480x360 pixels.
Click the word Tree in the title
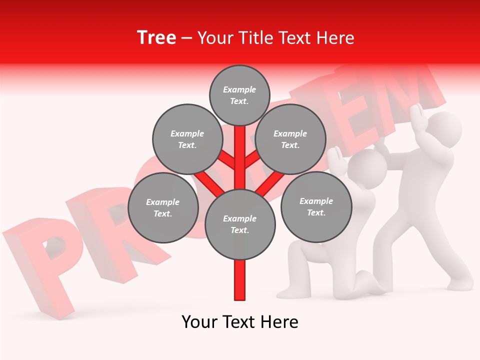156,38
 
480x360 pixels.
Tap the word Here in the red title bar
335,38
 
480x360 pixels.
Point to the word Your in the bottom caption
200,322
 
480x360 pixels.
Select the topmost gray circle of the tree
239,95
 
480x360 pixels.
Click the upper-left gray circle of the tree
187,139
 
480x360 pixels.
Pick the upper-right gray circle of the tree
290,139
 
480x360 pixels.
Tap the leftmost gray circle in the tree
163,207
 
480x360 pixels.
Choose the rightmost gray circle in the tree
316,206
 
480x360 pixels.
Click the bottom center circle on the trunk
240,224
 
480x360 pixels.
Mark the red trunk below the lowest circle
240,280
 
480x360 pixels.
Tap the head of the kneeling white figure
368,168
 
